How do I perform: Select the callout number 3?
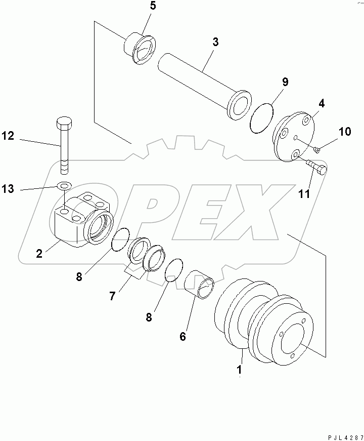pos(215,42)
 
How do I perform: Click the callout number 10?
pos(344,132)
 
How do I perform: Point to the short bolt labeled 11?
pos(315,168)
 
